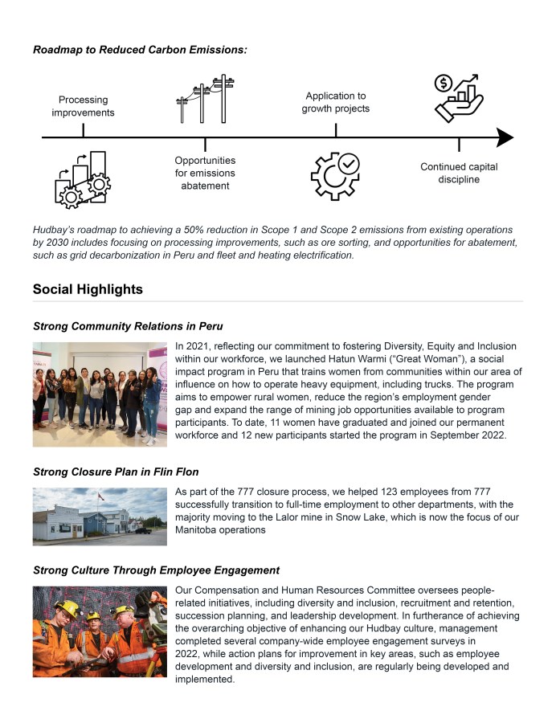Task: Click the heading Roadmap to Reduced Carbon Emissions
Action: click(140, 50)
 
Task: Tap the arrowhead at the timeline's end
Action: click(505, 138)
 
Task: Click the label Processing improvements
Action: click(83, 106)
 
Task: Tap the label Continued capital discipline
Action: click(459, 173)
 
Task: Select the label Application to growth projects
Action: click(335, 102)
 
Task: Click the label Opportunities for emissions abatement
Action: click(205, 173)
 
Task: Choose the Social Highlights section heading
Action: click(88, 289)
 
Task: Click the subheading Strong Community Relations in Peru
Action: click(128, 326)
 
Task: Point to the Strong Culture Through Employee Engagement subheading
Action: click(156, 570)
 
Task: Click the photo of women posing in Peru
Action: click(100, 394)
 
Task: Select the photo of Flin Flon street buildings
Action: click(100, 516)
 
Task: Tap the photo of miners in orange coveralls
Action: click(100, 631)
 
